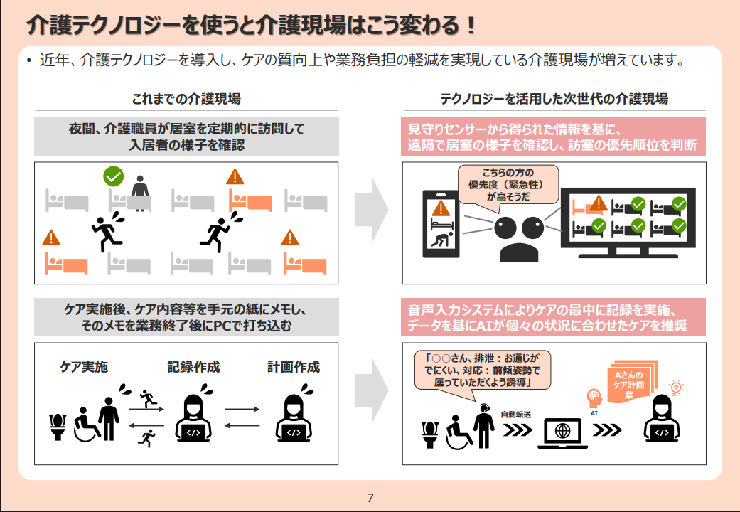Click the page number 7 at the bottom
click(x=370, y=497)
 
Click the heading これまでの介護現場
click(x=191, y=99)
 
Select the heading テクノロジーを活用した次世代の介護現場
click(x=554, y=99)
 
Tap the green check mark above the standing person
click(x=113, y=176)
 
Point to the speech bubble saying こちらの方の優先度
click(x=508, y=185)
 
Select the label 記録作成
click(x=193, y=367)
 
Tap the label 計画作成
click(x=294, y=367)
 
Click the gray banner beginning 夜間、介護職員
click(x=186, y=137)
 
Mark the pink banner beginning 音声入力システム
click(x=554, y=317)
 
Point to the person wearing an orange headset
click(x=484, y=425)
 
